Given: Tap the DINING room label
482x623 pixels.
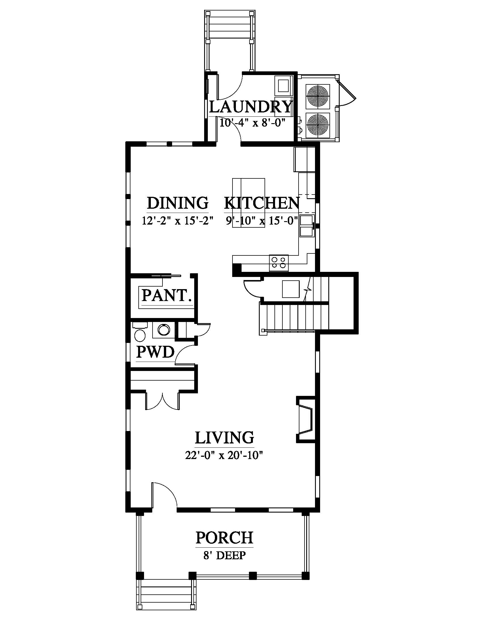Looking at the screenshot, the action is click(x=177, y=203).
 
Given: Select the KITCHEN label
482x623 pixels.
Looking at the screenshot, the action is click(x=262, y=203).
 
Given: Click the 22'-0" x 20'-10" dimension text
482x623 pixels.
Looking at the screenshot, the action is click(x=224, y=456).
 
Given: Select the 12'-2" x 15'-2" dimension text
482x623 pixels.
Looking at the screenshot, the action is click(x=178, y=221).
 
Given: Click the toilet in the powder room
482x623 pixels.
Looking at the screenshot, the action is click(x=140, y=332).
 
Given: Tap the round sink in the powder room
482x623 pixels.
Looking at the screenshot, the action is click(x=164, y=330).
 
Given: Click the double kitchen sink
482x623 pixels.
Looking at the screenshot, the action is click(x=306, y=226).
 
